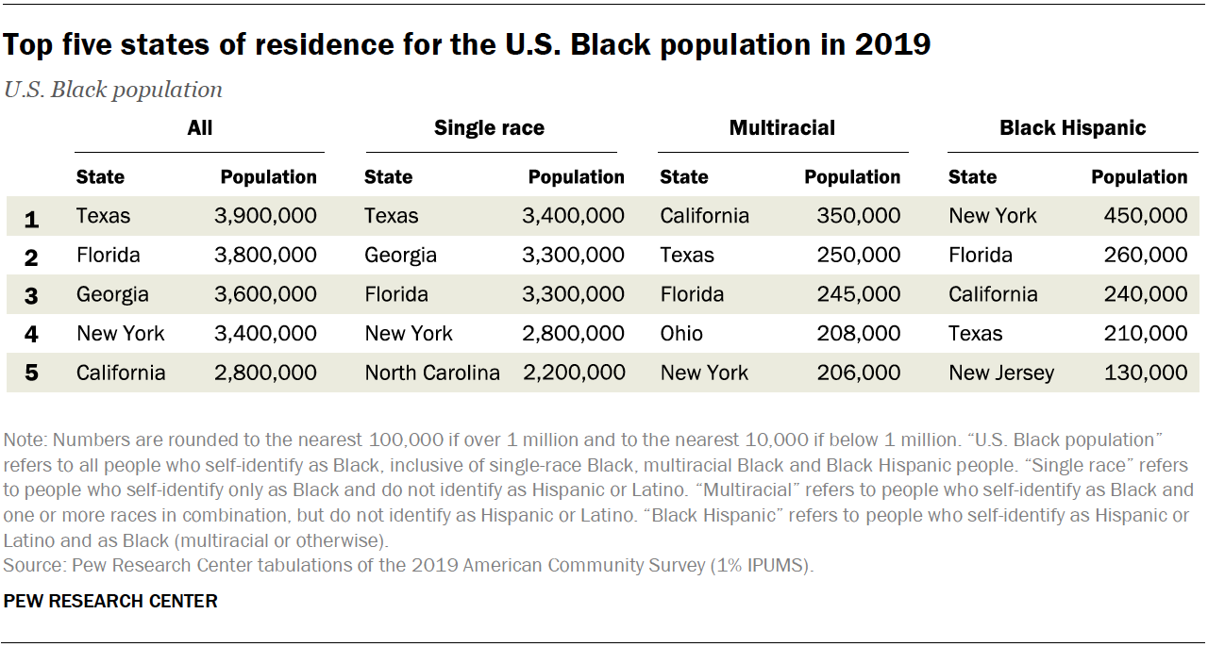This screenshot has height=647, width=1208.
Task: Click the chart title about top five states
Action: (468, 44)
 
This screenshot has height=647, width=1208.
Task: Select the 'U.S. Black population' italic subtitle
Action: (113, 90)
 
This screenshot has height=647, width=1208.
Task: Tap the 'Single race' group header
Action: (489, 128)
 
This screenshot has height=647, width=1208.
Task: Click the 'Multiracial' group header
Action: (781, 128)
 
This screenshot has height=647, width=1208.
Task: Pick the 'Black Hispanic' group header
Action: (1073, 128)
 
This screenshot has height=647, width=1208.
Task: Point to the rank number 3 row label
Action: (31, 295)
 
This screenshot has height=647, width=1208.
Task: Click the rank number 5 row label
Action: (31, 373)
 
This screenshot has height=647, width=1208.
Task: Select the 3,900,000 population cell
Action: (265, 216)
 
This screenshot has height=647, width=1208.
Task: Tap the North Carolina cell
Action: (432, 373)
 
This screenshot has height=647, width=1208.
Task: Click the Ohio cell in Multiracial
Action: (681, 333)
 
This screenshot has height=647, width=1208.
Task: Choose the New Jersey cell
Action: (1001, 373)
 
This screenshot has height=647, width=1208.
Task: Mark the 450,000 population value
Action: (1145, 216)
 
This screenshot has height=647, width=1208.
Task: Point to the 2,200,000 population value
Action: (574, 373)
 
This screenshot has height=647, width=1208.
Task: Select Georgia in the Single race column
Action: (400, 256)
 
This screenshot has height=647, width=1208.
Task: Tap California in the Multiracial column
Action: (704, 216)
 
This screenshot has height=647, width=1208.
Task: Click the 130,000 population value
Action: (1145, 373)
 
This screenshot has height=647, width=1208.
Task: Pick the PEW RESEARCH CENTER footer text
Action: (110, 601)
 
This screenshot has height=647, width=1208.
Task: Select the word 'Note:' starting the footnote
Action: (25, 440)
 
